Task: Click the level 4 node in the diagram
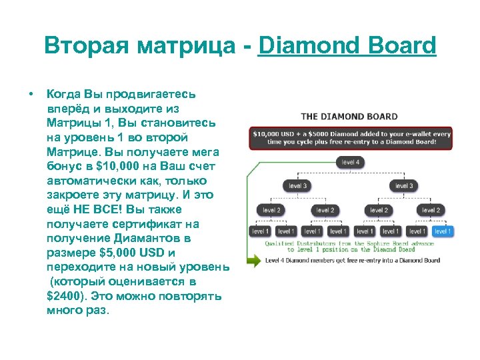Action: pyautogui.click(x=350, y=162)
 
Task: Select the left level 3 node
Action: pyautogui.click(x=297, y=186)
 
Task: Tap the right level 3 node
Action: pyautogui.click(x=403, y=186)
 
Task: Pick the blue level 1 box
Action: pyautogui.click(x=442, y=231)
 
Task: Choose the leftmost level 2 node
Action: pyautogui.click(x=271, y=210)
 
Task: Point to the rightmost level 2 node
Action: pyautogui.click(x=431, y=210)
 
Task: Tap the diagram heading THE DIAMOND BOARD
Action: pyautogui.click(x=349, y=117)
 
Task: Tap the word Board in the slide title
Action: pyautogui.click(x=401, y=46)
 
